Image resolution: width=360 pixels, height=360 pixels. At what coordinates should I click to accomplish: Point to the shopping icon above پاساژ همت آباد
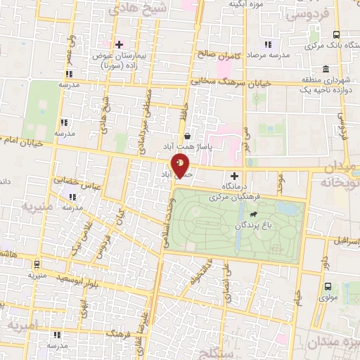(x=187, y=136)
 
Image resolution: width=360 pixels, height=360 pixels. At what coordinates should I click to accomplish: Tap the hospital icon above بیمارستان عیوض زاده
(x=118, y=44)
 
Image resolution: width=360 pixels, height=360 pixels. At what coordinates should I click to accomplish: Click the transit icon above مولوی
(x=328, y=285)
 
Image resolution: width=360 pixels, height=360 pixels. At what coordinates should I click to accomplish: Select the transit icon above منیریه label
(x=37, y=264)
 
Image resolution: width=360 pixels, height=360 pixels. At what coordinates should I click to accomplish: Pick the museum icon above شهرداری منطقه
(x=325, y=69)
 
